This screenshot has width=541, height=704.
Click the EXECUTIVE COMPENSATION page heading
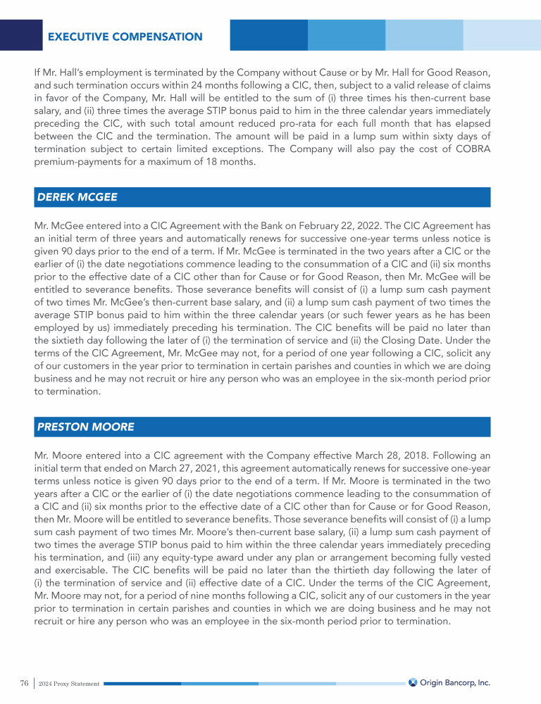125,37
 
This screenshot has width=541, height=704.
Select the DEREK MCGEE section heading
77,197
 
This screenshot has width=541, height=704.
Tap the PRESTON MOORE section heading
85,427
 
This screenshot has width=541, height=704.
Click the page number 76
24,683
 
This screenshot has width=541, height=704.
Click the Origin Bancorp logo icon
413,682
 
